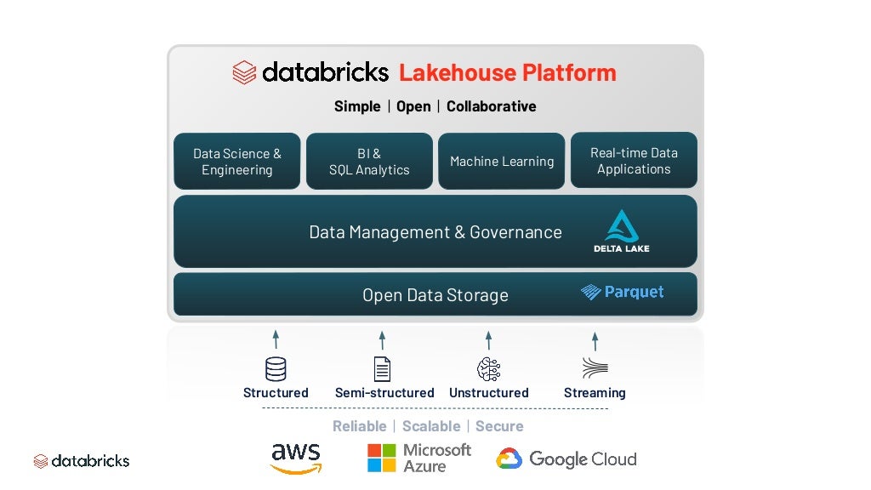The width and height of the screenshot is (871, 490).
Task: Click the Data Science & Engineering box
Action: click(x=237, y=161)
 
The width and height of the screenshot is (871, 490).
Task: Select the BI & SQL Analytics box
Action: click(x=369, y=161)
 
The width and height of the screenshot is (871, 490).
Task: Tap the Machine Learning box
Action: click(x=502, y=161)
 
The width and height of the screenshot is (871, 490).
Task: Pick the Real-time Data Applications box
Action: click(x=634, y=160)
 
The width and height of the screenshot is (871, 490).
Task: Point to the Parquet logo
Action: click(x=623, y=292)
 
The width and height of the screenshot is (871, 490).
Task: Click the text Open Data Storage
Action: click(x=435, y=295)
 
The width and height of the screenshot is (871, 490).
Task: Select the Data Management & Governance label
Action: click(x=435, y=232)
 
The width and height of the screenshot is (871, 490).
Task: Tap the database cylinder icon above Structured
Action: click(x=276, y=368)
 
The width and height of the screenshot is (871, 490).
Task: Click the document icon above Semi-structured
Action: click(x=383, y=368)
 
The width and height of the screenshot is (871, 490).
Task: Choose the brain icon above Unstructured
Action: click(x=488, y=368)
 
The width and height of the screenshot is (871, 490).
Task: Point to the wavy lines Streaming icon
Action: click(x=595, y=368)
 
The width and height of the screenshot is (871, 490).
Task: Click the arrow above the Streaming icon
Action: click(x=595, y=340)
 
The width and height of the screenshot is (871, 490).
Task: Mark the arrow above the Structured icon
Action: click(x=276, y=340)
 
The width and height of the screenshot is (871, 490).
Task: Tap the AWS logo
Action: click(x=296, y=458)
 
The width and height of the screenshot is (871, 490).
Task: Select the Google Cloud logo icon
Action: click(x=509, y=459)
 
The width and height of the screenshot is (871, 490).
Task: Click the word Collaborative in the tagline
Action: click(x=491, y=106)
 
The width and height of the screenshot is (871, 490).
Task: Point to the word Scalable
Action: click(x=431, y=426)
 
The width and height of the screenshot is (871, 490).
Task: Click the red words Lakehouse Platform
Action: click(x=508, y=72)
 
